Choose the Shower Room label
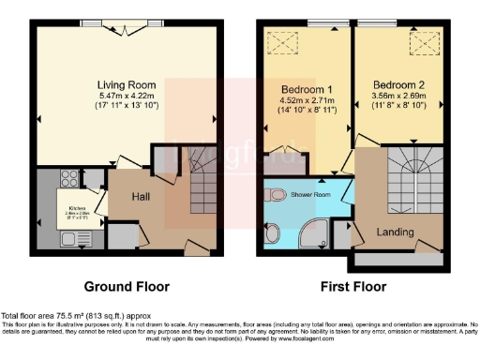(x=312, y=195)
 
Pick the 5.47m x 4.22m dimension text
(x=126, y=96)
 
